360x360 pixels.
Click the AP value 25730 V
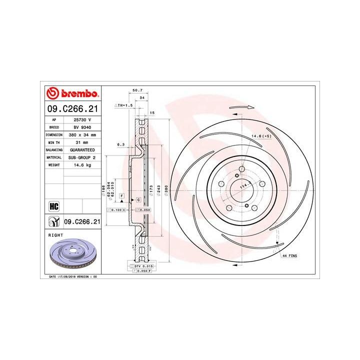click(82, 120)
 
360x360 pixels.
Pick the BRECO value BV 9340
click(82, 127)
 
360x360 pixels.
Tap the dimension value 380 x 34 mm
click(82, 135)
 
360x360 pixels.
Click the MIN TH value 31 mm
click(82, 142)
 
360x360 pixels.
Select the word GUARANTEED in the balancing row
click(82, 149)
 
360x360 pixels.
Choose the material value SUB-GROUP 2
click(82, 157)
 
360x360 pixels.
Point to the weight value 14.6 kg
click(82, 164)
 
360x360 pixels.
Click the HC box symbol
click(52, 206)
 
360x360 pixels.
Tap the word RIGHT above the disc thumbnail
click(55, 233)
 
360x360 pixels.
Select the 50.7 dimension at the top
click(134, 90)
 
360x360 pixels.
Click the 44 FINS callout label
click(289, 255)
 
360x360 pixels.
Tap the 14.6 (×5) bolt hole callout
click(261, 136)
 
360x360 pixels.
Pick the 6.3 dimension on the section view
click(120, 144)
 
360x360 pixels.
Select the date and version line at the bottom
click(72, 276)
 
